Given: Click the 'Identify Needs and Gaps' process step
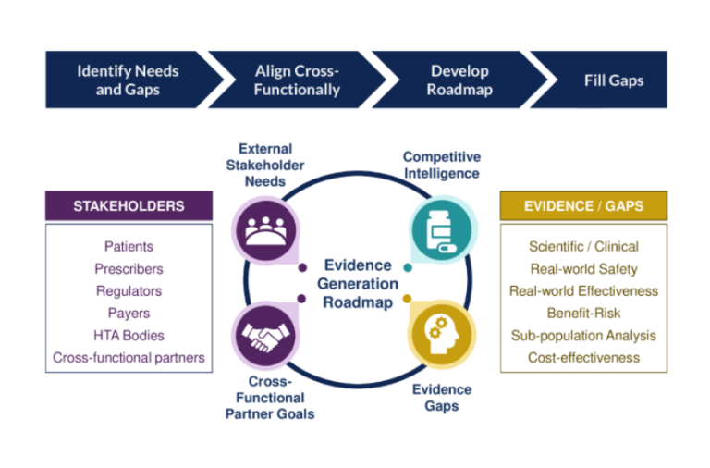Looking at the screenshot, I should (x=128, y=80).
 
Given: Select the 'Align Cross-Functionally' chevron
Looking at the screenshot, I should (x=297, y=80).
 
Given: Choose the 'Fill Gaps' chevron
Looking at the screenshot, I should (x=613, y=80).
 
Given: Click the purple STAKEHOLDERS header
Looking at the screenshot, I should (x=129, y=206).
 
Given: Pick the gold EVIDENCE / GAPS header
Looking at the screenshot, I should (x=582, y=205).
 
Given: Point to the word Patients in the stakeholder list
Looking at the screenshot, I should (x=129, y=247).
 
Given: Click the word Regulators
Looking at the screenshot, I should (x=129, y=291).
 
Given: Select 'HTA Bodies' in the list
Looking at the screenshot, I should (x=129, y=335).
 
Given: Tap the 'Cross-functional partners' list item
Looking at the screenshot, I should (x=129, y=357).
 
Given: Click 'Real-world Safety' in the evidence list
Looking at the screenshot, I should (x=583, y=269).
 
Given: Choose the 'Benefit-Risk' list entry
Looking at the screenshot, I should (x=583, y=313).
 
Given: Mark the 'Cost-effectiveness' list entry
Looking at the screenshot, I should (x=583, y=357).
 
